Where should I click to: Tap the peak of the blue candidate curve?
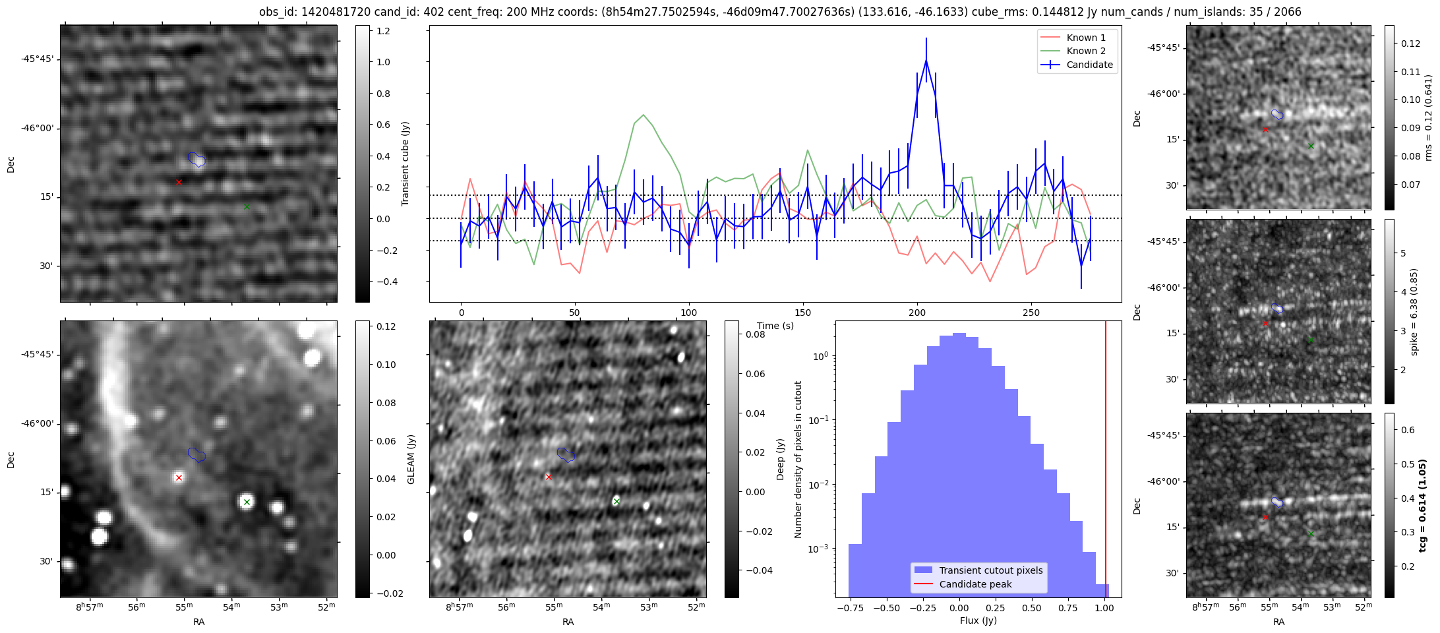pos(926,61)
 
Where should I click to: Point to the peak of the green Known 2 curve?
pos(644,115)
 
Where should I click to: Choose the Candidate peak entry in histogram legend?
pos(975,584)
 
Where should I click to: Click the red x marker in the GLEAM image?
pos(179,477)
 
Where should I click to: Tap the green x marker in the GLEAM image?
pos(247,502)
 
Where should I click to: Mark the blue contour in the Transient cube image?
pos(196,160)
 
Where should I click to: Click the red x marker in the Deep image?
pos(549,477)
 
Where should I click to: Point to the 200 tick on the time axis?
pos(917,313)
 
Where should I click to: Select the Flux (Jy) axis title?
pos(978,620)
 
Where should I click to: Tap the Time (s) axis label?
pos(775,326)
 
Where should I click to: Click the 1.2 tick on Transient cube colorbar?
pos(383,31)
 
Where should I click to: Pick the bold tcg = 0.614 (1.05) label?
pos(1424,505)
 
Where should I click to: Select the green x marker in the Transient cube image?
pos(247,206)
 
